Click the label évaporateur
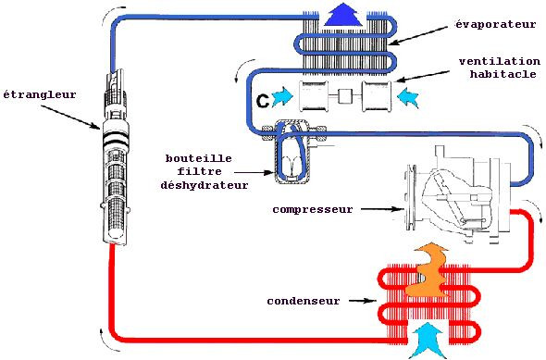[x=496, y=24]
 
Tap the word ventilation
[x=500, y=62]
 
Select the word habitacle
[x=503, y=74]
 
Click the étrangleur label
[x=40, y=94]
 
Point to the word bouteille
[x=198, y=158]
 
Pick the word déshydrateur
[x=205, y=185]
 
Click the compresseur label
[x=313, y=209]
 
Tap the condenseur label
[x=304, y=301]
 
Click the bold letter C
[x=263, y=101]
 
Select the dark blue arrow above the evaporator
[x=343, y=15]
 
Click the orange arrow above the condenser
[x=428, y=270]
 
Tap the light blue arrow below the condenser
[x=428, y=340]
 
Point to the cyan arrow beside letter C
[x=283, y=97]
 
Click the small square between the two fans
[x=345, y=96]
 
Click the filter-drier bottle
[x=292, y=151]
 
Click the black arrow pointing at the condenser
[x=363, y=301]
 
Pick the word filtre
[x=199, y=171]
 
